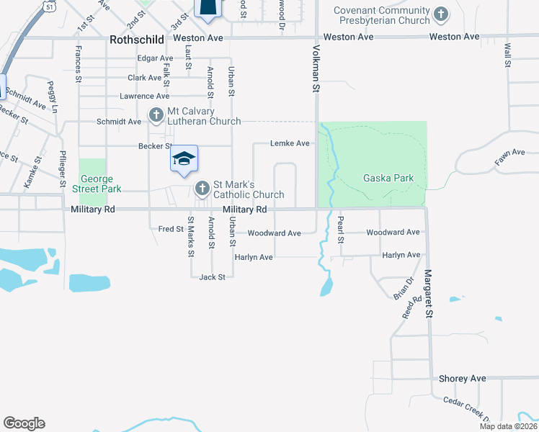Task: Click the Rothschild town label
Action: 137,40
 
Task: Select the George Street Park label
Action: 97,184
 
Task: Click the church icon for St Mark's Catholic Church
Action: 202,189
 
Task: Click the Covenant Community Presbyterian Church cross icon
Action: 440,14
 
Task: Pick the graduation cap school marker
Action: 184,158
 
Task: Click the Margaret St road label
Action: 428,294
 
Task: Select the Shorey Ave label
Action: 463,378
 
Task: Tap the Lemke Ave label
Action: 290,143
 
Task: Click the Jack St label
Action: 213,276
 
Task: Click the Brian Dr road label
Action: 409,289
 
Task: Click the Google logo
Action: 24,423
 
